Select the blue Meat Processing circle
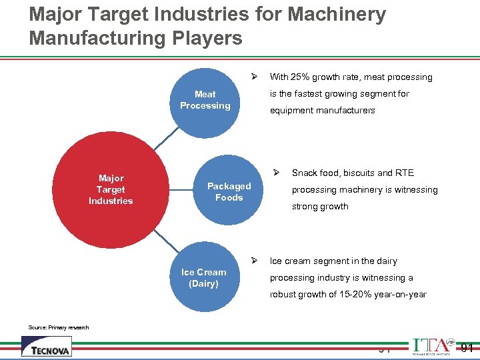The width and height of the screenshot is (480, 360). click(205, 100)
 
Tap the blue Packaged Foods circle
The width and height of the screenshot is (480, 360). click(229, 192)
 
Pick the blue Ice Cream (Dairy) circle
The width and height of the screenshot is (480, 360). click(203, 278)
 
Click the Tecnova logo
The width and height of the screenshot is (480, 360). click(46, 347)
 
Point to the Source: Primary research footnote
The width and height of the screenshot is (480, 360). click(59, 327)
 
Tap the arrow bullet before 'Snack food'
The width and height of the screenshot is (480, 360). click(278, 172)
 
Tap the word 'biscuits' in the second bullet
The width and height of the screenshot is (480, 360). click(360, 173)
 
